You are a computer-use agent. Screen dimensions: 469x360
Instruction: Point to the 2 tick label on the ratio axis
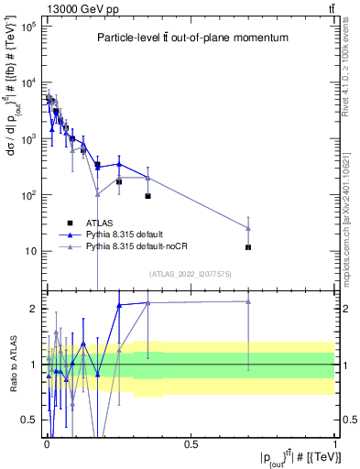[x=32, y=309]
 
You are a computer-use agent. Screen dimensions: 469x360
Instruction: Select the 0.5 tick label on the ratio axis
[x=28, y=420]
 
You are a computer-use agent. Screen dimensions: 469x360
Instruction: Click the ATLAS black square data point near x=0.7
[x=248, y=247]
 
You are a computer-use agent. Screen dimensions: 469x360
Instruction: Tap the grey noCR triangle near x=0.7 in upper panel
[x=248, y=228]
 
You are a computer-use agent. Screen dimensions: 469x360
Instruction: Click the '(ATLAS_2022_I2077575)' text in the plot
[x=191, y=274]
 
